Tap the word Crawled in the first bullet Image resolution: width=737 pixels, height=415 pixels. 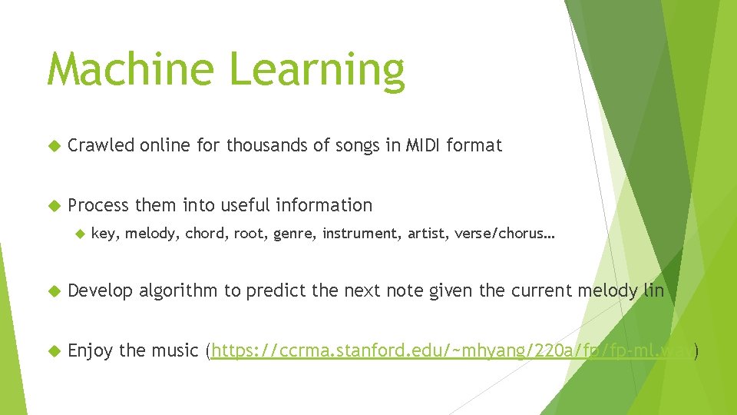[101, 144]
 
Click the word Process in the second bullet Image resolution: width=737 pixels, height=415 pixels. [99, 205]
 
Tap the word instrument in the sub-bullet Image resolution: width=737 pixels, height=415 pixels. [354, 234]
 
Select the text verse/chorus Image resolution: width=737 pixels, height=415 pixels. [504, 234]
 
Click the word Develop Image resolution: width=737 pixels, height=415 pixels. [100, 290]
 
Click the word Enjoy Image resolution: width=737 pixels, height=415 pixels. [91, 351]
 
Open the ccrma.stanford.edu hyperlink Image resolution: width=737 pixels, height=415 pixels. [452, 352]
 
